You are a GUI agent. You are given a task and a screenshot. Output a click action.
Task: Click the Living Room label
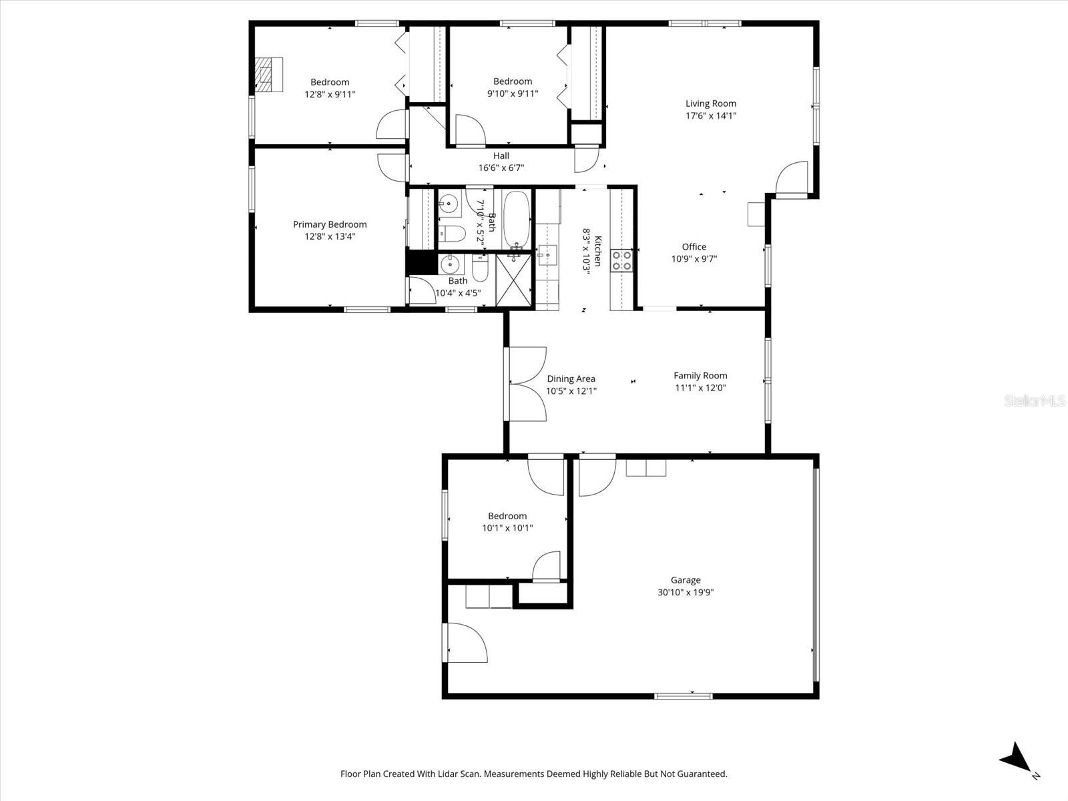coord(711,103)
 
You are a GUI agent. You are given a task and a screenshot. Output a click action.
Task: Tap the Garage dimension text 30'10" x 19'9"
coord(686,592)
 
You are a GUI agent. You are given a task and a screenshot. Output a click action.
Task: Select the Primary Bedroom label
coord(330,224)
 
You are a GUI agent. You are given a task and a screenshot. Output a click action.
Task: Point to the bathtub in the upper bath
coord(516,218)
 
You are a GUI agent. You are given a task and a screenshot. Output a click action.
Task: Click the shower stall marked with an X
coord(515,280)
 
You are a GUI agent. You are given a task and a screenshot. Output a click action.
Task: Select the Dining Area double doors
coord(527,384)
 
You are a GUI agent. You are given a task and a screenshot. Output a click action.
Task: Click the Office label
coord(694,247)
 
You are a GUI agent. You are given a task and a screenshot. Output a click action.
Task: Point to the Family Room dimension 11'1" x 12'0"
coord(700,387)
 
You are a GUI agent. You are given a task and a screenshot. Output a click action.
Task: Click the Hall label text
coord(501,156)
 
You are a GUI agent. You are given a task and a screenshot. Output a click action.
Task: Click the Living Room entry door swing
coord(792,179)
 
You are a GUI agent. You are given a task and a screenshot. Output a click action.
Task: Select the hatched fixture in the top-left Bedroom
coord(268,74)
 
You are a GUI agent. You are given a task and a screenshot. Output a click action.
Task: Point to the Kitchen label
coord(599,251)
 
